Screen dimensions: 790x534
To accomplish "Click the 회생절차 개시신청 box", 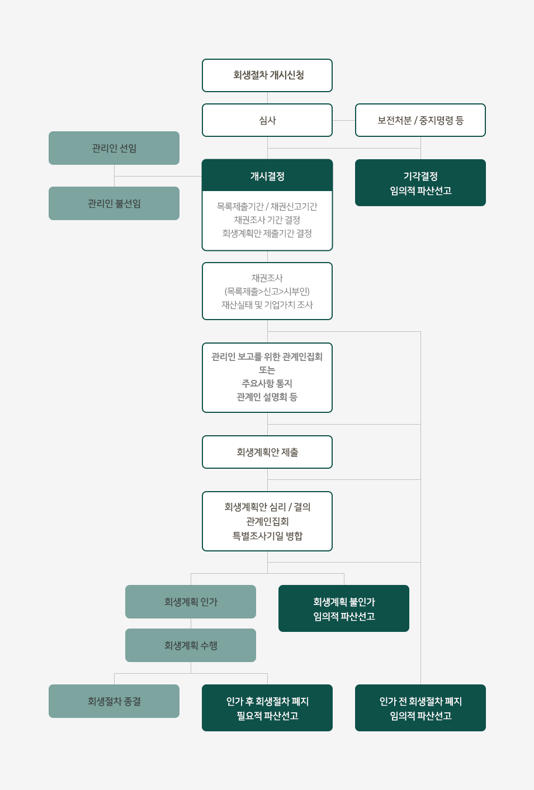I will coord(267,75).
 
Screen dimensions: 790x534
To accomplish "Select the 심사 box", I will coord(267,120).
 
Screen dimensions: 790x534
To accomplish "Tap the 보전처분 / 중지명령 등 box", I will coord(420,120).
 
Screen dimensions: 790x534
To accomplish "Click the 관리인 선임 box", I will coord(114,148).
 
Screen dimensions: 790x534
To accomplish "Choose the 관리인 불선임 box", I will coord(114,203).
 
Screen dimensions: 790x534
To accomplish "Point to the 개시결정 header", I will coord(267,176).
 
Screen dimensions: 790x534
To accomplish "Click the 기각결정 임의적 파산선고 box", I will coord(420,183).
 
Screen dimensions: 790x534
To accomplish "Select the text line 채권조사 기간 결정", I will coord(267,220).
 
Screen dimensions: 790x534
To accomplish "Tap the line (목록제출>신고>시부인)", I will coord(267,291).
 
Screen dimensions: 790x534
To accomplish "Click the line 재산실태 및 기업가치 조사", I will coord(267,304).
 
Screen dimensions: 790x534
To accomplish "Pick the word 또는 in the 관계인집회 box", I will coord(267,370).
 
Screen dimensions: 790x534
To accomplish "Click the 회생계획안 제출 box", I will coord(267,452).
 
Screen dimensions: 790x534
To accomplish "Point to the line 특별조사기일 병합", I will coord(267,536).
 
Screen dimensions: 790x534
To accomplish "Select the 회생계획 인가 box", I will coord(191,602).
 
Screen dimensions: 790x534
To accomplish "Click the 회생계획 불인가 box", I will coord(344,608).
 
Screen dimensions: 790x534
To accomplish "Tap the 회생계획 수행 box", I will coord(191,645).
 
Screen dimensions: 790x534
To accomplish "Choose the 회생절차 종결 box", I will coord(114,701).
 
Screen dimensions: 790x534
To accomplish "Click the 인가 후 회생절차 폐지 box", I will coord(267,708).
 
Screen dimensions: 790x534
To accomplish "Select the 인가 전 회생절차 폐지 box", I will coord(420,708).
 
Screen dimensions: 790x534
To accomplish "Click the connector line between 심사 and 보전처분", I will coord(344,120).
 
